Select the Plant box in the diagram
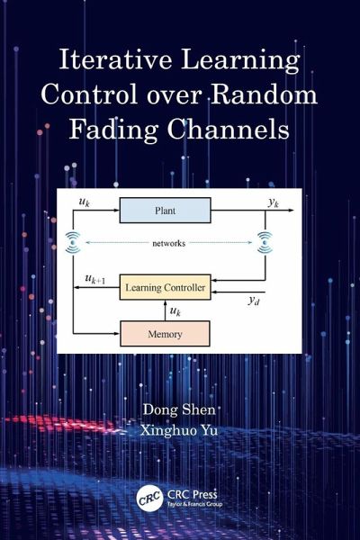click(x=165, y=210)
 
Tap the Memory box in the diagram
click(x=165, y=334)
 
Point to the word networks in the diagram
click(x=170, y=242)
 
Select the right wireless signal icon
click(x=264, y=241)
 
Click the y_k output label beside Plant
click(x=274, y=204)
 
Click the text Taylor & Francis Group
click(x=197, y=506)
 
